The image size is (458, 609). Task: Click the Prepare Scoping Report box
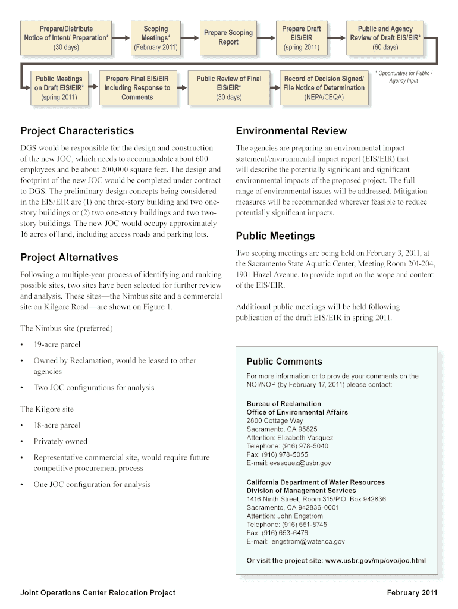(228, 37)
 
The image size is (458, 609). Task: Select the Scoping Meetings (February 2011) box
(156, 37)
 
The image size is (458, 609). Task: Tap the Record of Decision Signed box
(324, 87)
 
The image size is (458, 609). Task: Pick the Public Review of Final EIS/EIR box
(228, 87)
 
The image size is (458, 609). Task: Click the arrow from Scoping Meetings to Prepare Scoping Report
(188, 37)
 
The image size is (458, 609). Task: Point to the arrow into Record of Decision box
(275, 87)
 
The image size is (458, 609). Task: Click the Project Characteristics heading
(77, 131)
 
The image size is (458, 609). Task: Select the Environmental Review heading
(291, 131)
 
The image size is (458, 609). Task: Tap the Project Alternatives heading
(69, 258)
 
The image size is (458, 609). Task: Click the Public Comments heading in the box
(284, 362)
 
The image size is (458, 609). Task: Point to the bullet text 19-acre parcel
(57, 344)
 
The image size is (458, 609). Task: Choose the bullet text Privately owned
(61, 441)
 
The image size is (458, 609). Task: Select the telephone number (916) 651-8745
(302, 525)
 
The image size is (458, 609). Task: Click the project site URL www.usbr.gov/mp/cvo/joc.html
(375, 560)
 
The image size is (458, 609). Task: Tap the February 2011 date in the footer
(412, 592)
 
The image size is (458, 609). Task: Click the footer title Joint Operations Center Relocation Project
(98, 592)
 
